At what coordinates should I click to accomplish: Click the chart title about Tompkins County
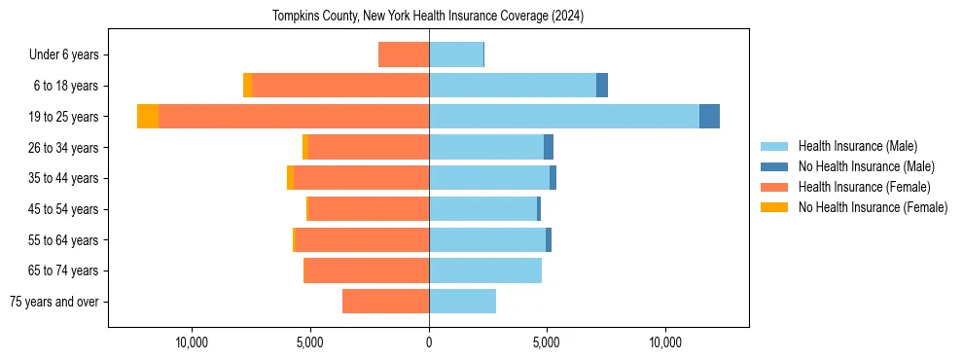(x=428, y=17)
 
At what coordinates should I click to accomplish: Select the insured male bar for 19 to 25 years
(x=564, y=117)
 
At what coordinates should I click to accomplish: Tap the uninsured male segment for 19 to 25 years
(x=709, y=117)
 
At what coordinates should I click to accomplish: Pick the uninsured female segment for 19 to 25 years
(x=148, y=117)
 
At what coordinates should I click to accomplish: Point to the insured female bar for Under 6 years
(x=404, y=55)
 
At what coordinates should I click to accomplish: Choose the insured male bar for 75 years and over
(x=462, y=302)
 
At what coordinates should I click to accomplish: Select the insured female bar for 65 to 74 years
(x=367, y=270)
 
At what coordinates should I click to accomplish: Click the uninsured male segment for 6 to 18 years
(x=602, y=86)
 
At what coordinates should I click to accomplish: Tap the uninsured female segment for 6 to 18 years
(x=248, y=86)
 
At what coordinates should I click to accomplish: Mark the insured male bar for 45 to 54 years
(x=482, y=209)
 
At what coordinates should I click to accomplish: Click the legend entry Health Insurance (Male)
(x=857, y=146)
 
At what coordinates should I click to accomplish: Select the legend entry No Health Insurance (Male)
(x=866, y=166)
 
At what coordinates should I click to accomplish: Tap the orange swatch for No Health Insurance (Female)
(x=774, y=207)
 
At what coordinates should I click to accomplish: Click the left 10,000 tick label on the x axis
(x=192, y=343)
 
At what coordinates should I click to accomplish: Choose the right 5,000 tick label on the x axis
(x=547, y=343)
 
